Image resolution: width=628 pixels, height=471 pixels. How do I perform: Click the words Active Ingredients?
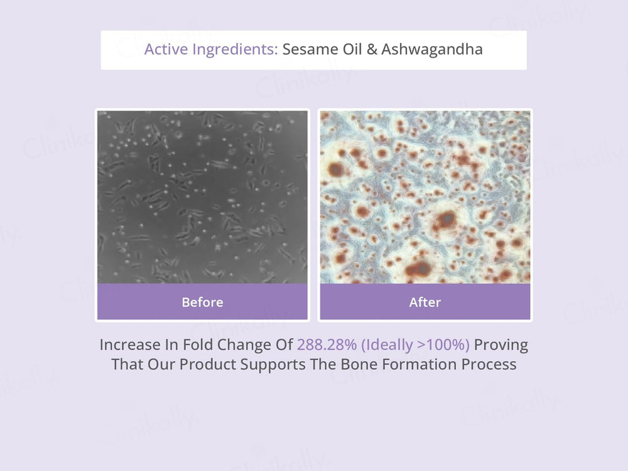point(211,50)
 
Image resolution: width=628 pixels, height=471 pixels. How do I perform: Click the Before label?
point(202,302)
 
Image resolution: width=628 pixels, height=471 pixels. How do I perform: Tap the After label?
point(425,302)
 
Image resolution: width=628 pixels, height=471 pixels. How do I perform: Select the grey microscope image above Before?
point(202,197)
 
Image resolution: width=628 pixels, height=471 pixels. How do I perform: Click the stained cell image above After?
point(425,197)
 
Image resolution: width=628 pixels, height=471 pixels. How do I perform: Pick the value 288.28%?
point(327,345)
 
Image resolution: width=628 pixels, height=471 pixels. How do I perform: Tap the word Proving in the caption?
point(501,345)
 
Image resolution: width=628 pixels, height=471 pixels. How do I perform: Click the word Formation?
point(420,364)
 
